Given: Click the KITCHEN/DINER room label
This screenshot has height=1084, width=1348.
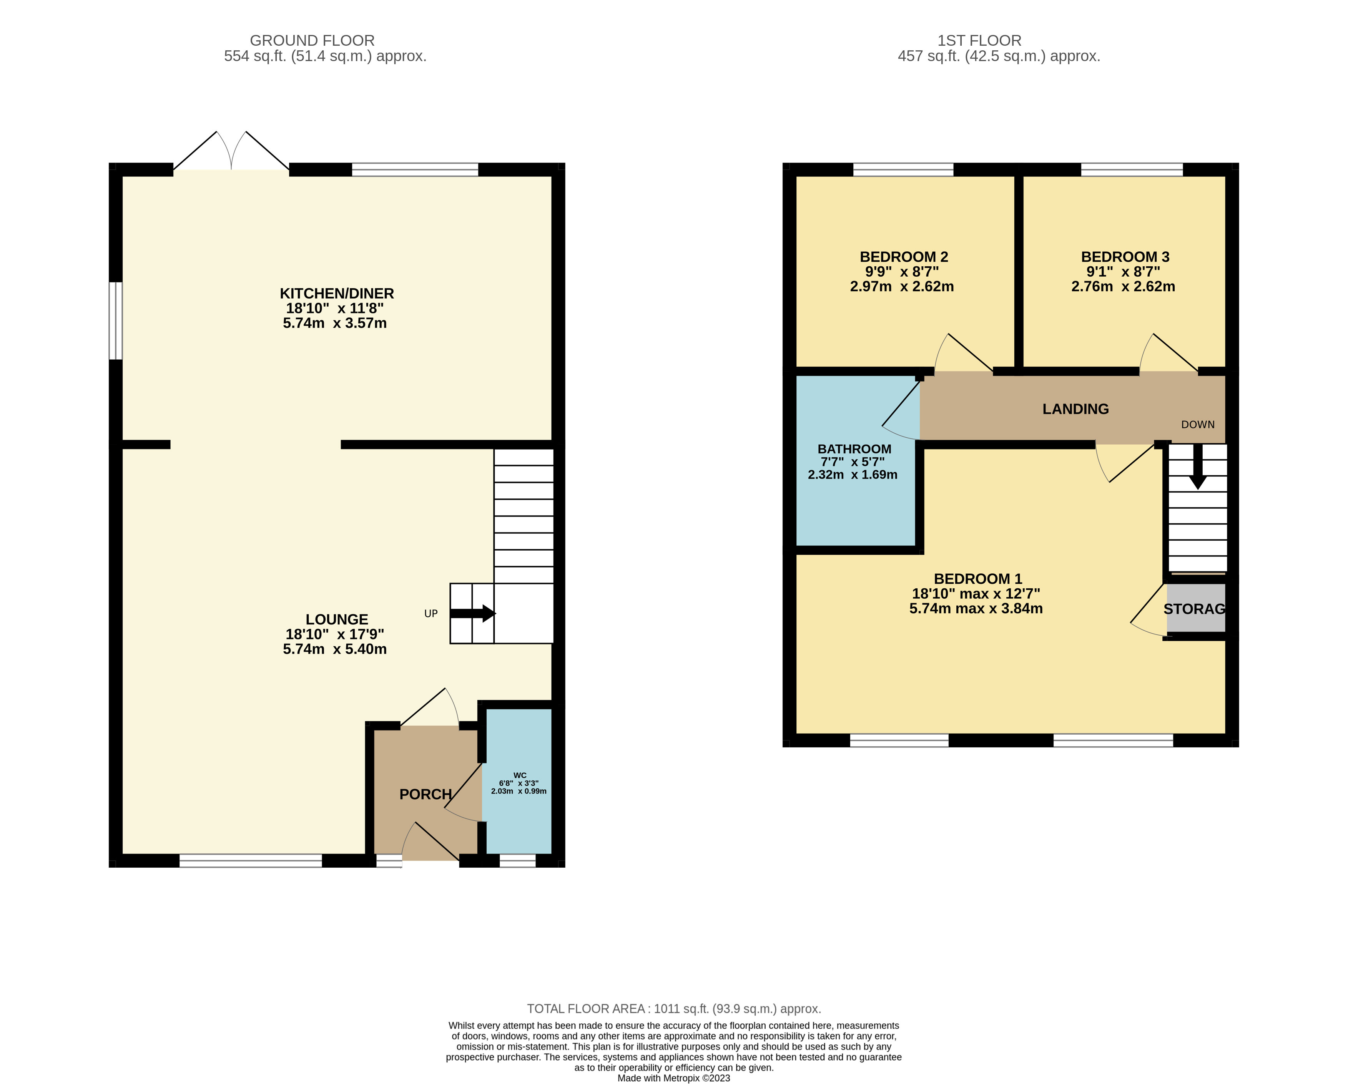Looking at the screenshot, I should point(336,293).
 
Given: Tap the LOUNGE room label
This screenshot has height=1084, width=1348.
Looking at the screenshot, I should point(336,619).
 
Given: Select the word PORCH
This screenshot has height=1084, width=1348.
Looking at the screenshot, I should point(425,794).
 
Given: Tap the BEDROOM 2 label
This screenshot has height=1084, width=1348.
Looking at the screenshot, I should point(903,257).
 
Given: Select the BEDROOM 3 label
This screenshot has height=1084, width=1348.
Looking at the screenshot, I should point(1125,257).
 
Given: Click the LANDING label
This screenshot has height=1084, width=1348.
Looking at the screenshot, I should point(1075,409).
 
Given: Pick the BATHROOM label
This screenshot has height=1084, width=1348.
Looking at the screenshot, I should point(854,449).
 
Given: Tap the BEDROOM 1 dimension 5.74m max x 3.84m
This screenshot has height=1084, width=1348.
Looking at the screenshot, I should point(976,608).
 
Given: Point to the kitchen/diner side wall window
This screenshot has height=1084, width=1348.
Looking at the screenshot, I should point(116,321).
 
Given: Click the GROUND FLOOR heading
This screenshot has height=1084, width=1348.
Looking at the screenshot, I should point(312,41).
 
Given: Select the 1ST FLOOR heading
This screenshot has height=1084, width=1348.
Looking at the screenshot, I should point(979,41).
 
